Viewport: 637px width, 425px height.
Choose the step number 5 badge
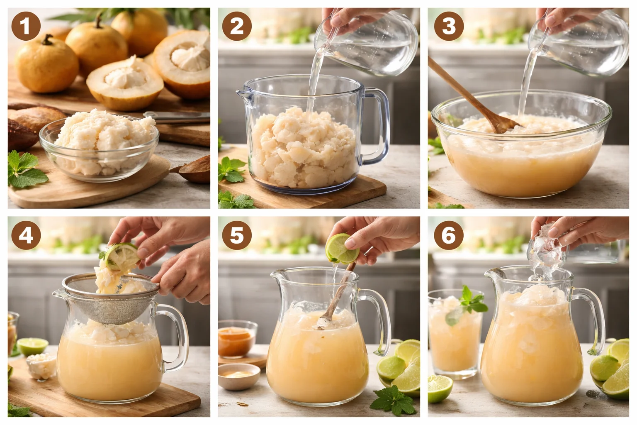[x=237, y=235]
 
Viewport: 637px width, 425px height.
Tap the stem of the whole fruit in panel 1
[x=48, y=40]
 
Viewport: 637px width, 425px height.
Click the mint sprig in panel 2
[x=230, y=170]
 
